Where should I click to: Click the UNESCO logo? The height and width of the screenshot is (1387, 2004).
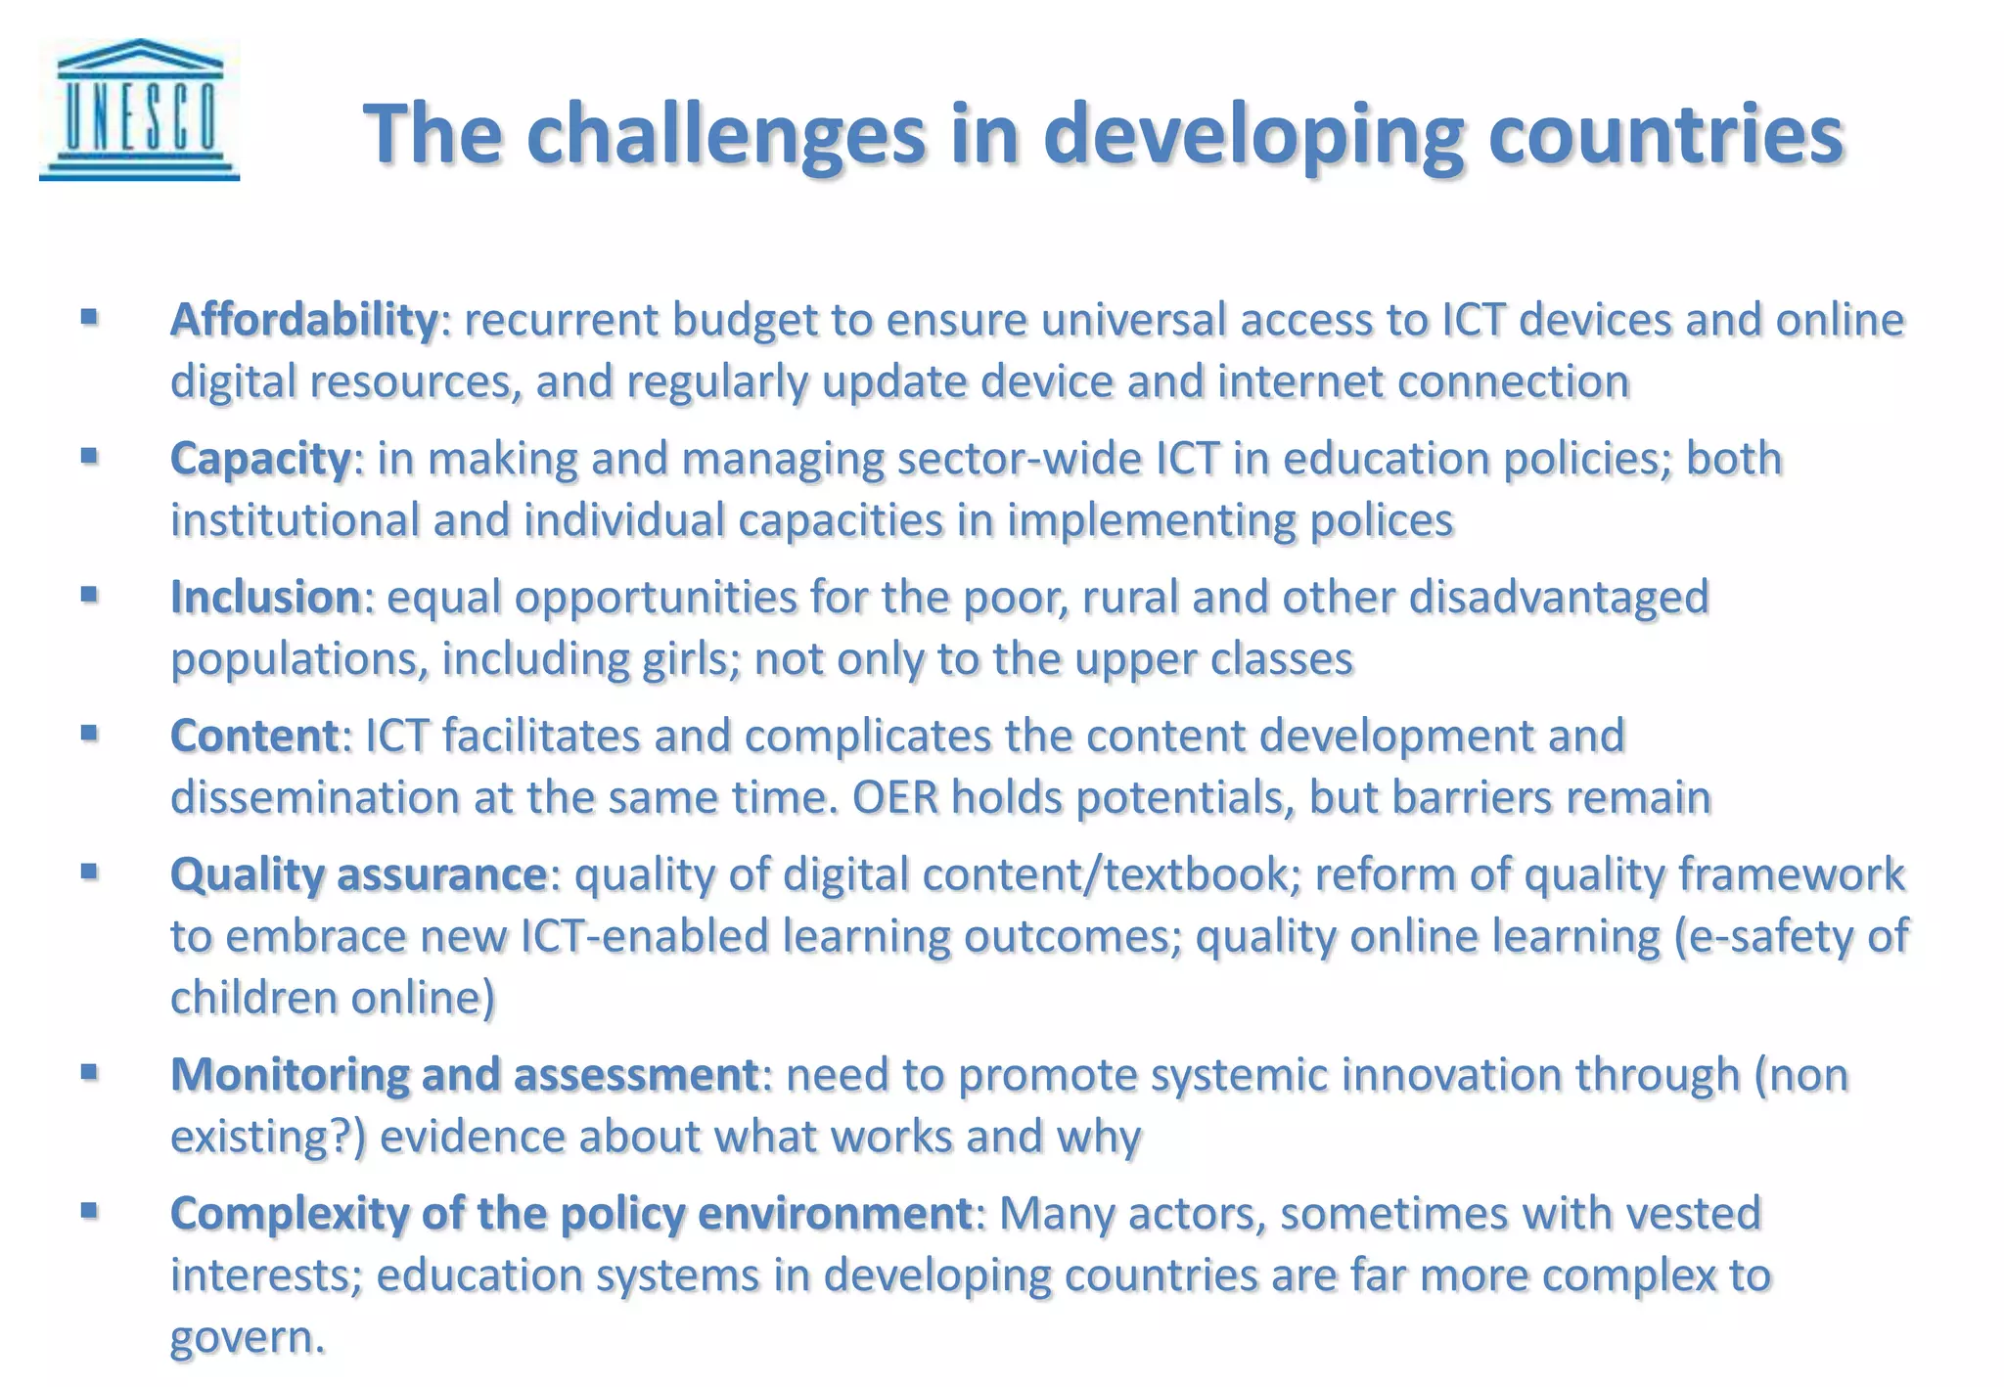click(x=139, y=110)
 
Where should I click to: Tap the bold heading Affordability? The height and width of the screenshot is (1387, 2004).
click(x=304, y=320)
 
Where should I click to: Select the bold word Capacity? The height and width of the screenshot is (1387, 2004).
click(x=260, y=459)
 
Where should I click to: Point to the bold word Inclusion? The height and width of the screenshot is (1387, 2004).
click(x=266, y=597)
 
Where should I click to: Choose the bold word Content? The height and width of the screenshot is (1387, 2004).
click(x=254, y=736)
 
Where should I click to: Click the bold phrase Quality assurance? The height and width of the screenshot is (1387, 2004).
click(x=358, y=874)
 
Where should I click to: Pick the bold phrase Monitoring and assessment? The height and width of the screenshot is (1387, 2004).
click(x=464, y=1074)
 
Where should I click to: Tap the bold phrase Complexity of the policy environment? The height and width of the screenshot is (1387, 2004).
click(x=570, y=1213)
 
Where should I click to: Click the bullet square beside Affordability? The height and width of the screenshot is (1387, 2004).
click(x=89, y=317)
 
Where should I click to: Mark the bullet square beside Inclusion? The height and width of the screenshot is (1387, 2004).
click(x=89, y=594)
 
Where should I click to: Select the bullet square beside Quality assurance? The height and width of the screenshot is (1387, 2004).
click(x=89, y=871)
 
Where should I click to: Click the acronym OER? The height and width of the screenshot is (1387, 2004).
click(x=894, y=797)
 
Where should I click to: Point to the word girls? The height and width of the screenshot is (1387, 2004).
click(x=686, y=659)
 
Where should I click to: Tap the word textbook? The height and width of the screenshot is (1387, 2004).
click(x=1200, y=874)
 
